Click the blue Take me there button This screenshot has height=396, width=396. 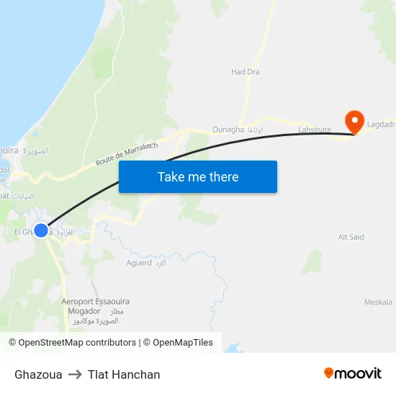click(198, 177)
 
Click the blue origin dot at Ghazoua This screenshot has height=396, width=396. click(41, 230)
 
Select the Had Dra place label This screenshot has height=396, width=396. click(245, 72)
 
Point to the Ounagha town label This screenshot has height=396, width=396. click(228, 130)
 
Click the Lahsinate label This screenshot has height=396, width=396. click(315, 130)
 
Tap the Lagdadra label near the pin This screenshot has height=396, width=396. click(381, 124)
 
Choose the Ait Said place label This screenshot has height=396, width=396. click(351, 237)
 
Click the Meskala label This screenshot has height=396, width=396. click(378, 302)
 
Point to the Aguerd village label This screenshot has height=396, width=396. click(139, 263)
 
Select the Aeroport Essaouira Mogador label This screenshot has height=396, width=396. click(94, 306)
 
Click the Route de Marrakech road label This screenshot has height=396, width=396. click(127, 153)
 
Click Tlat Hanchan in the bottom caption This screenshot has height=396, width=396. click(124, 374)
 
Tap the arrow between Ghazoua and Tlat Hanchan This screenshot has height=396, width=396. click(75, 374)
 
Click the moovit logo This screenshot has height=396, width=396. click(353, 374)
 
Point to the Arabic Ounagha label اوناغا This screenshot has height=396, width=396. click(255, 130)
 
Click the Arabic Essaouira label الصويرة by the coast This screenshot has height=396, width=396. click(35, 151)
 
